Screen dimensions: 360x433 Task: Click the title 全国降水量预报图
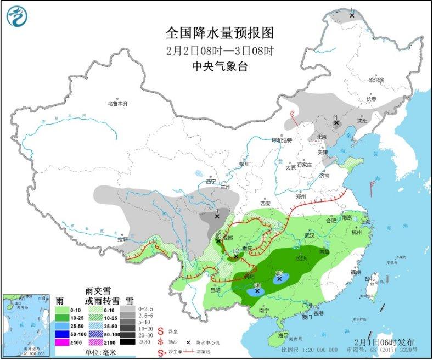tap(220, 33)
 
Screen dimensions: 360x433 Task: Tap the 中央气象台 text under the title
tap(220, 66)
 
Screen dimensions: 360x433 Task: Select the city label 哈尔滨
tap(376, 80)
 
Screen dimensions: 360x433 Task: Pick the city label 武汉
tap(310, 235)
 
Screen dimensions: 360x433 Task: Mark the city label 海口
tap(283, 335)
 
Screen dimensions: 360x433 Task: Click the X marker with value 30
tap(257, 291)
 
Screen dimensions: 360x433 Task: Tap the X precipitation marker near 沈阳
tap(336, 123)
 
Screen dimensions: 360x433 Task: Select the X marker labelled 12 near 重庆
tap(236, 256)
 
